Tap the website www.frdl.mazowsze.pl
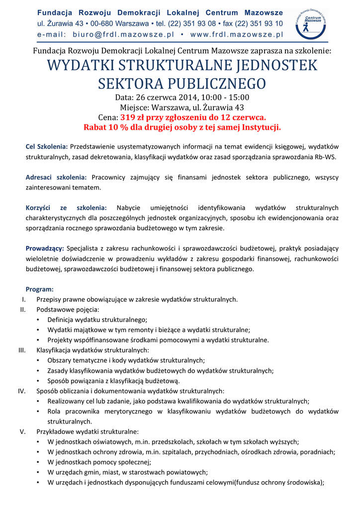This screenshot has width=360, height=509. [236, 35]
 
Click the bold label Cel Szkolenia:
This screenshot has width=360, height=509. [47, 147]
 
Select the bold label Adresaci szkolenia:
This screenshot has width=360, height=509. [56, 177]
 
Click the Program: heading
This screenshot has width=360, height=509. [40, 289]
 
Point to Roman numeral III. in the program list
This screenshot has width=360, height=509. [21, 350]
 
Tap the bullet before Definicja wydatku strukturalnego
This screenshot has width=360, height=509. [39, 320]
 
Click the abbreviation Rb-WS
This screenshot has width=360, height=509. [326, 157]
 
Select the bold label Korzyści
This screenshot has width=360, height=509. [40, 208]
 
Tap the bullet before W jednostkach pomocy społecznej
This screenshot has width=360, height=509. [39, 462]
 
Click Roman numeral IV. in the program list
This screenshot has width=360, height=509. [21, 391]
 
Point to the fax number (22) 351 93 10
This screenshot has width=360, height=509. [253, 23]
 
